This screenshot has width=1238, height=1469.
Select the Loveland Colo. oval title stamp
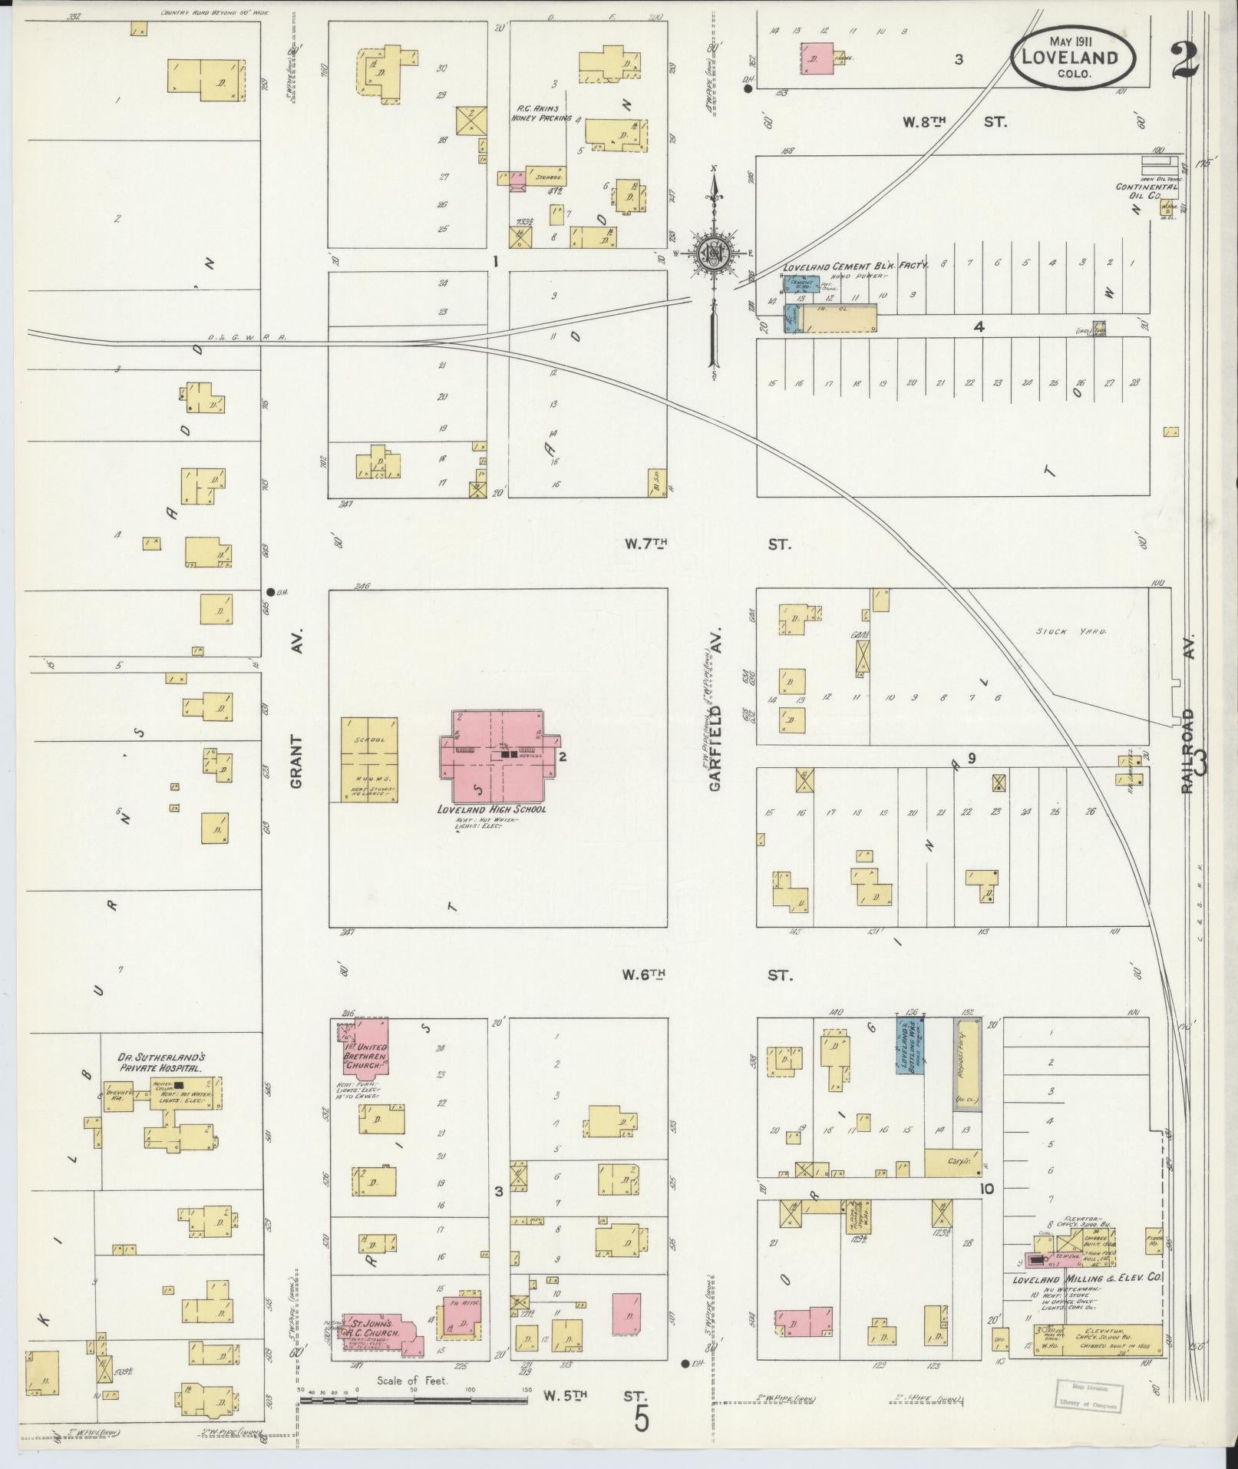tap(1074, 58)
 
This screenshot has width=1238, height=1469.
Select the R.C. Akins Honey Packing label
tap(541, 113)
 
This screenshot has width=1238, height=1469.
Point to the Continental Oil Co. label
tap(1146, 191)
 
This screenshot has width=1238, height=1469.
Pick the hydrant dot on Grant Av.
tap(270, 591)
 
